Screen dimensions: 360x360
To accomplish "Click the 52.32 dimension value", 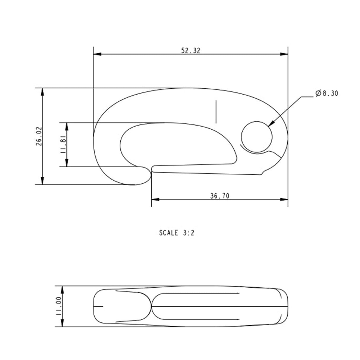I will (x=191, y=50).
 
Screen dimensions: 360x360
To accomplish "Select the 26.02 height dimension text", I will (x=39, y=136).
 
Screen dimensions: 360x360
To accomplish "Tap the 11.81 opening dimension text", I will (x=63, y=145).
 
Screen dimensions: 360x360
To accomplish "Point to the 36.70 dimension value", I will (x=220, y=196).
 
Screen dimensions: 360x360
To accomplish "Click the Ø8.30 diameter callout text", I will (x=326, y=93).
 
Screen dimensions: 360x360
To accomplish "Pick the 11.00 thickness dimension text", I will (x=58, y=306).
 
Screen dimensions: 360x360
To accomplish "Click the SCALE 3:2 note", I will (x=177, y=233).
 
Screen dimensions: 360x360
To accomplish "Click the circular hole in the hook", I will (x=257, y=137).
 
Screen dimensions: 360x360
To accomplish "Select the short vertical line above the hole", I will (x=216, y=112).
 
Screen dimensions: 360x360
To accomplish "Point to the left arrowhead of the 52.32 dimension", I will (x=97, y=54).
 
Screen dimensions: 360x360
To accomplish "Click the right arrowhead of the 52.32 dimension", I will (x=284, y=54).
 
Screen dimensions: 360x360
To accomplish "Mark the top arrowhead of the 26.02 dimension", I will (x=43, y=92).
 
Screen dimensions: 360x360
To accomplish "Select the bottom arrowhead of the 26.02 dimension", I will (x=43, y=181).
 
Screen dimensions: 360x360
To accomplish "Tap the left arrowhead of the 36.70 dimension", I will (x=155, y=199).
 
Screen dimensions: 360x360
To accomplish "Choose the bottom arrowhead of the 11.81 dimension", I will (x=67, y=163).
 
